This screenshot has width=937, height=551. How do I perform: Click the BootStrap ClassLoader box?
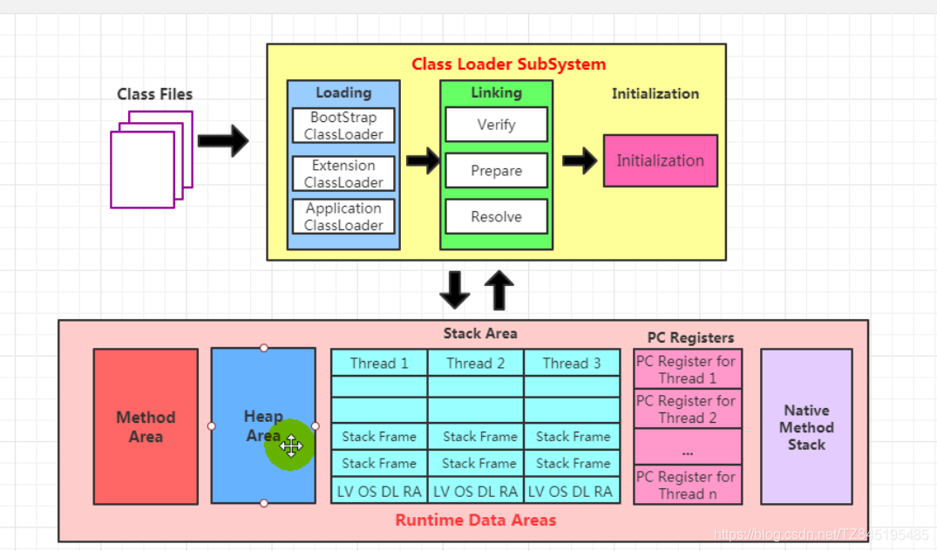coord(343,126)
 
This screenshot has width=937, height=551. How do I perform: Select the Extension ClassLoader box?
coord(343,174)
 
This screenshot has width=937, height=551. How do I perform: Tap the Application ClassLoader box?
coord(343,216)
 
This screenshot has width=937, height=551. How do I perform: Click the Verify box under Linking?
coord(496,125)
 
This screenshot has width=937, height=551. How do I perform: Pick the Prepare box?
coord(496,171)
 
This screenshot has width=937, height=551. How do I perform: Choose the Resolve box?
coord(496,217)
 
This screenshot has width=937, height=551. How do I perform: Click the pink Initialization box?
coord(660,160)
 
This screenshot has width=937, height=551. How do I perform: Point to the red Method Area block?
coord(146,426)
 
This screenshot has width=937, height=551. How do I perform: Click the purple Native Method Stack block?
coord(806,426)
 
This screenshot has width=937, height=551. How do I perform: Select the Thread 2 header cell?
coord(476,364)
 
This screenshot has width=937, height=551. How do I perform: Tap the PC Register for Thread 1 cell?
coord(687,370)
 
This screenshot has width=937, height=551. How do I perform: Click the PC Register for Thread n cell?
coord(687,485)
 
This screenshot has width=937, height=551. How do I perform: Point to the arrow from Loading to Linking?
coord(423,160)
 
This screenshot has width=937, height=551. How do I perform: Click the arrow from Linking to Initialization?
coord(579,160)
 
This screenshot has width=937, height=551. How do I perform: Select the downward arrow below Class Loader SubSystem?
coord(454,290)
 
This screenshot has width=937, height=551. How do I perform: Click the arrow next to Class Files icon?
coord(223,140)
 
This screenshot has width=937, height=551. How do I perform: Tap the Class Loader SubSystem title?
coord(508,65)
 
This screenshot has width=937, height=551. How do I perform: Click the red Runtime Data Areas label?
coord(475,520)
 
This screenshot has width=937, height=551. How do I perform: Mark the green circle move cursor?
coord(290,446)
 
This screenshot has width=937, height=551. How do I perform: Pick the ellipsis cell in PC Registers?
coord(687,451)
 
